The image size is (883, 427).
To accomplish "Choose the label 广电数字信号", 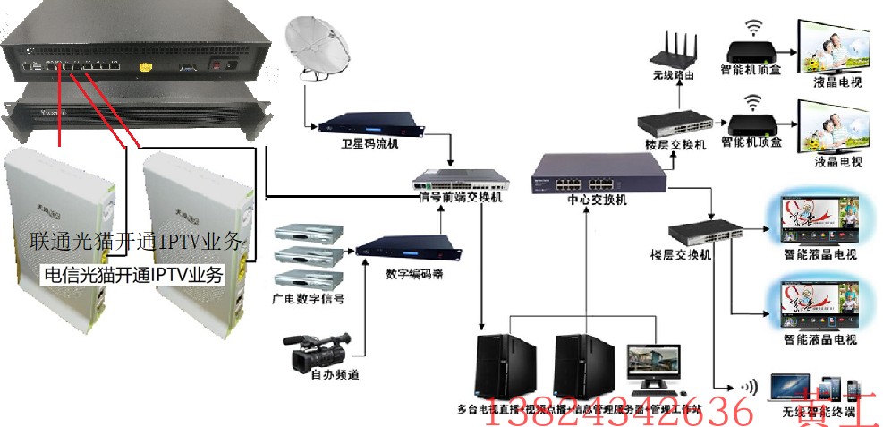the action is (x=308, y=296).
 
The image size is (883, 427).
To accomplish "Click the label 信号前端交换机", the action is (x=462, y=197).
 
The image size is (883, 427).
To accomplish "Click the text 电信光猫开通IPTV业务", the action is (x=134, y=273).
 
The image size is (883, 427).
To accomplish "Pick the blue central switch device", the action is (x=598, y=172).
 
